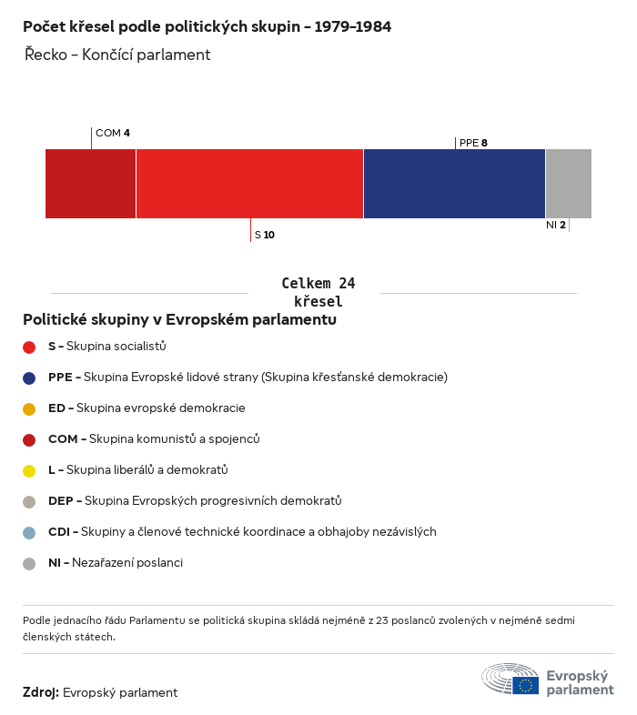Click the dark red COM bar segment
tap(90, 184)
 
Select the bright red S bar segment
tap(249, 184)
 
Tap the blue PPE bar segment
tap(454, 184)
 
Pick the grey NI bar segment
tap(568, 184)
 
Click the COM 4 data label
tap(112, 133)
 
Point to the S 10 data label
tap(264, 235)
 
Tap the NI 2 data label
tap(556, 225)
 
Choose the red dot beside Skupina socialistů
tap(29, 347)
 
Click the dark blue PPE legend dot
tap(29, 378)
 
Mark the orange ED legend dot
tap(29, 408)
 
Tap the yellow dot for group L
tap(29, 470)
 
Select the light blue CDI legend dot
tap(29, 532)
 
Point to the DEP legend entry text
tap(195, 501)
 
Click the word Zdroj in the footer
tap(41, 693)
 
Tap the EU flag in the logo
tap(525, 685)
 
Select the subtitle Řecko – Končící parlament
tap(118, 55)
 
